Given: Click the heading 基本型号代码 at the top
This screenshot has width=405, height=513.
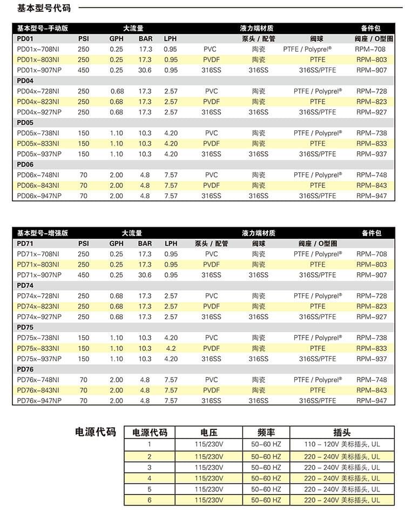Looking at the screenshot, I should click(x=36, y=8).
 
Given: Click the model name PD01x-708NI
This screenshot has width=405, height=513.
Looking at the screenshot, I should click(x=38, y=49).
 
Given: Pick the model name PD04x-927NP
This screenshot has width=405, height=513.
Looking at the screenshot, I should click(x=39, y=112).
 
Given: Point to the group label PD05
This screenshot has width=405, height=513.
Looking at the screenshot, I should click(x=25, y=123).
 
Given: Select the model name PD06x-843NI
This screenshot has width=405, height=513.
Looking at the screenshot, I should click(x=38, y=185).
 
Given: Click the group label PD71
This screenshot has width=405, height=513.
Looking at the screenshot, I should click(x=25, y=244).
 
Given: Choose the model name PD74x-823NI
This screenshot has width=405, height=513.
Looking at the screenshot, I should click(x=38, y=306).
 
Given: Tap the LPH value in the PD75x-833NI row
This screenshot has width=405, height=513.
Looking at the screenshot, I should click(x=171, y=348).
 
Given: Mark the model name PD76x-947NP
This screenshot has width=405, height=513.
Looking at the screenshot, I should click(x=39, y=401).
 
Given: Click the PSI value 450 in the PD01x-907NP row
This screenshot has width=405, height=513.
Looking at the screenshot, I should click(x=83, y=70).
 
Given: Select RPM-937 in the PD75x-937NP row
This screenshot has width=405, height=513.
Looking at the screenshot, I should click(x=372, y=359).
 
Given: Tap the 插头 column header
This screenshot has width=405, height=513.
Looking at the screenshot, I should click(x=342, y=433).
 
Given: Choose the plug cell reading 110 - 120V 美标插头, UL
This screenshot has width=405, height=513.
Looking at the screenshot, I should click(x=342, y=444).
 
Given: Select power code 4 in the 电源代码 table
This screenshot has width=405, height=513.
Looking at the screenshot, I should click(x=150, y=478).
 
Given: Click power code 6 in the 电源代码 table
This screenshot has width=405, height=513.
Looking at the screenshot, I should click(x=150, y=501).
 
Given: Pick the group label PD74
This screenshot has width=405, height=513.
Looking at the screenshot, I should click(x=25, y=285).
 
